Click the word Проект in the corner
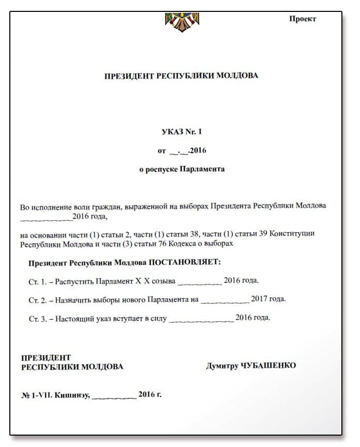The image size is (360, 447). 303,19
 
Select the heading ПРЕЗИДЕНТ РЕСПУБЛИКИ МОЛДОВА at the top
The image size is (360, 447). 181,76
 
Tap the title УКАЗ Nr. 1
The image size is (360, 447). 182,132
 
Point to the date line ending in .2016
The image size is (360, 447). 182,151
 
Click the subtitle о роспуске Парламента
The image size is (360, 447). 182,169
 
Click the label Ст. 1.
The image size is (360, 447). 38,281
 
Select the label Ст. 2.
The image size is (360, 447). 38,300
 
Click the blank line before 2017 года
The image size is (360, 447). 224,301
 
